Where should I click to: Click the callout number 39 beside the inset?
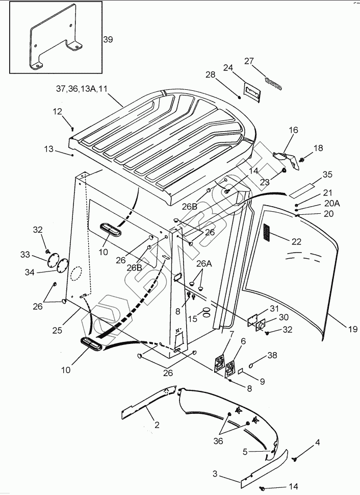pyautogui.click(x=108, y=39)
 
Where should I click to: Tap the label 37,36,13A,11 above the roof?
pyautogui.click(x=82, y=89)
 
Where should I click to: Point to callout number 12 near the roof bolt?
pyautogui.click(x=58, y=111)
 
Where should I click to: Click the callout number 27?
pyautogui.click(x=249, y=61)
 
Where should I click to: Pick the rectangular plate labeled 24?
pyautogui.click(x=252, y=92)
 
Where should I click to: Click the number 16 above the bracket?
pyautogui.click(x=293, y=130)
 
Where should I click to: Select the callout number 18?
pyautogui.click(x=318, y=148)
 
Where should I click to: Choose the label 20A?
pyautogui.click(x=332, y=203)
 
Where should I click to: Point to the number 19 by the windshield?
pyautogui.click(x=353, y=329)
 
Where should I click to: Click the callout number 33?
pyautogui.click(x=25, y=254)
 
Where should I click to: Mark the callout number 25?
pyautogui.click(x=58, y=330)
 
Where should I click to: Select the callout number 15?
pyautogui.click(x=192, y=319)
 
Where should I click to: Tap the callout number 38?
pyautogui.click(x=272, y=355)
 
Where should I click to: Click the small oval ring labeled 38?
pyautogui.click(x=251, y=365)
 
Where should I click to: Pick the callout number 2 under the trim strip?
pyautogui.click(x=157, y=425)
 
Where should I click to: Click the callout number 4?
pyautogui.click(x=317, y=443)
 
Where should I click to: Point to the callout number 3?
pyautogui.click(x=215, y=474)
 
